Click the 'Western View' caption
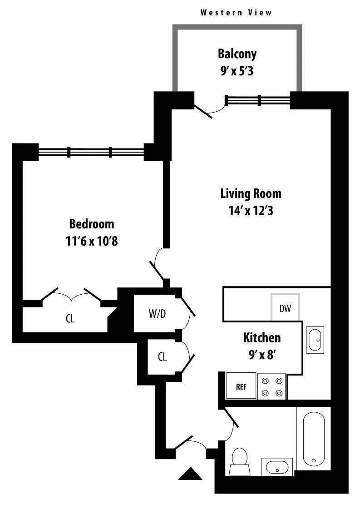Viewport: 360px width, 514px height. (236, 13)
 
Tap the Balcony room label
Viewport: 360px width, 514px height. (237, 54)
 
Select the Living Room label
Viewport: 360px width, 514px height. (251, 194)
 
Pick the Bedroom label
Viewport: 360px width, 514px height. (92, 224)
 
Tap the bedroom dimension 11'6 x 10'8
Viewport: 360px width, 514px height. (92, 241)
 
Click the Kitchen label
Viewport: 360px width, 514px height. (262, 338)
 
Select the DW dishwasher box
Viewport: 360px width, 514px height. (285, 309)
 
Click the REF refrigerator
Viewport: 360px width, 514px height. (241, 386)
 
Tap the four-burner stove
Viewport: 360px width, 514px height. (271, 386)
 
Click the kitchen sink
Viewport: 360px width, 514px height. (315, 339)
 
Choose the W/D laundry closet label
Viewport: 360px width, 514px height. (157, 314)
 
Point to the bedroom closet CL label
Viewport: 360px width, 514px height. (70, 319)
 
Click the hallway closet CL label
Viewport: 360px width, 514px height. (162, 357)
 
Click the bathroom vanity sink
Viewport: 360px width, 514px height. (276, 467)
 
